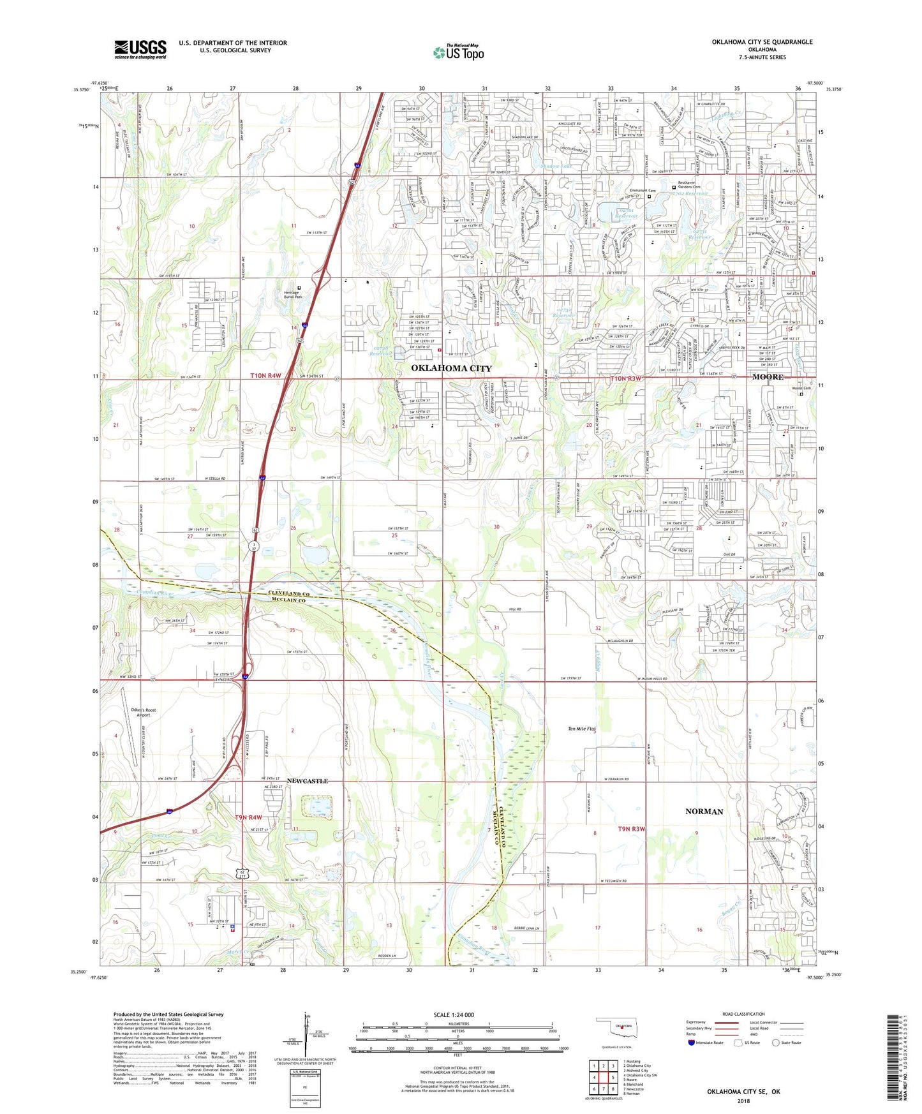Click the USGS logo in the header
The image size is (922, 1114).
coord(140,49)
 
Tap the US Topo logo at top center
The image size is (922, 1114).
coord(458,52)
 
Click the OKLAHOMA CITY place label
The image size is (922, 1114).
coord(451,368)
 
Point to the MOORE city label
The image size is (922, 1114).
coord(768,377)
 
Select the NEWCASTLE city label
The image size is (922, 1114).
coord(308,781)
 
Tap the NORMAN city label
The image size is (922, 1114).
coord(704,812)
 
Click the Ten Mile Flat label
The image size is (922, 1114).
coord(581,729)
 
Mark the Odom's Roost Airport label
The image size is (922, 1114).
coord(144,712)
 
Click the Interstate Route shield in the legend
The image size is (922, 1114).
coord(692,1043)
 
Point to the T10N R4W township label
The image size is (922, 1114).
coord(265,376)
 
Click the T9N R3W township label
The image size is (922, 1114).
coord(632,829)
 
